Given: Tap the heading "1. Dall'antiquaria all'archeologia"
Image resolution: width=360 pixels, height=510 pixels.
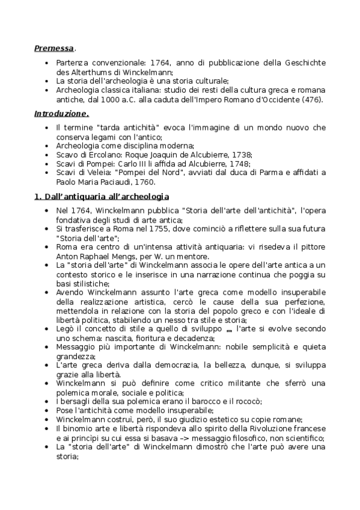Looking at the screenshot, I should (x=101, y=196).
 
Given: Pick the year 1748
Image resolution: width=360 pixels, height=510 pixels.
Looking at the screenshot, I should (x=237, y=164).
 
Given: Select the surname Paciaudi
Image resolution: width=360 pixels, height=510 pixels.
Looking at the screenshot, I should (x=124, y=182).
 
